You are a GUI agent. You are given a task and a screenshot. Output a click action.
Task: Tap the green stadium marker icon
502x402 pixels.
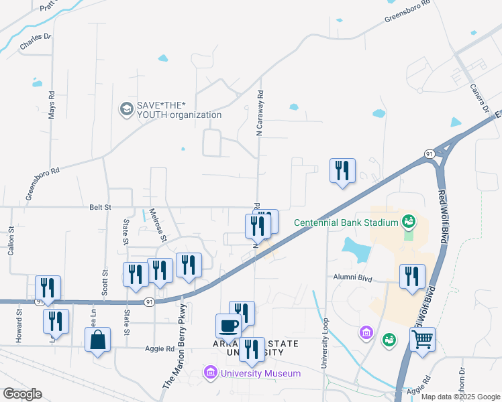click(408, 220)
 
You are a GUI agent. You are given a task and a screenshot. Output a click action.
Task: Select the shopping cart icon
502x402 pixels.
click(423, 340)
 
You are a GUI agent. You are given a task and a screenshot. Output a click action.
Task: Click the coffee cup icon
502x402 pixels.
click(228, 326)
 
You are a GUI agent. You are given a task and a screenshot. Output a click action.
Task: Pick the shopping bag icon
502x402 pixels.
click(98, 340)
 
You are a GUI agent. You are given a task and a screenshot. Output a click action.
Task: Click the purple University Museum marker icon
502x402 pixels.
click(211, 372)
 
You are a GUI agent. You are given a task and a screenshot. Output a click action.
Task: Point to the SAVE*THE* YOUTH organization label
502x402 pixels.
click(179, 109)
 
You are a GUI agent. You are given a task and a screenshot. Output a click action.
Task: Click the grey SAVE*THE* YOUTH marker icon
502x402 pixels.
click(125, 109)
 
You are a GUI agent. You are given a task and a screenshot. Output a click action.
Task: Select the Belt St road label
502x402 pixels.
click(100, 208)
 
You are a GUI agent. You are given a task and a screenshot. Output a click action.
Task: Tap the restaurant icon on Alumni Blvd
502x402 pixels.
click(412, 277)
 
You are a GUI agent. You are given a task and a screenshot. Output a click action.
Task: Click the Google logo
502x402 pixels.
click(22, 394)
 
